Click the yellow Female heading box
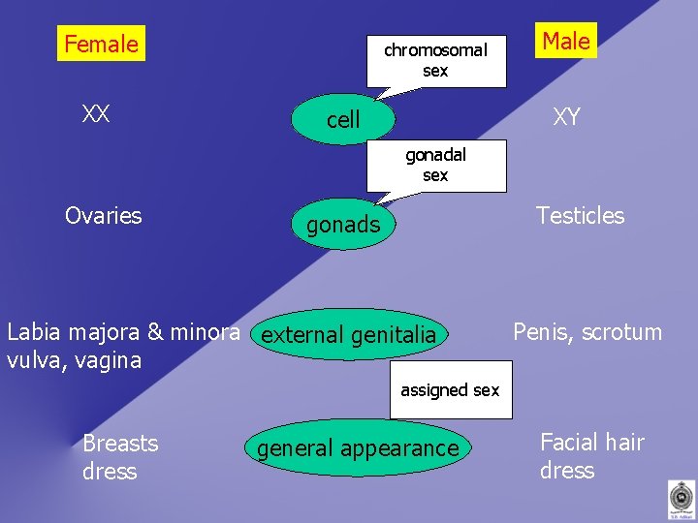[x=101, y=44]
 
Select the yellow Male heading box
[x=566, y=41]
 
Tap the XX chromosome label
[x=95, y=114]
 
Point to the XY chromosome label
[x=566, y=118]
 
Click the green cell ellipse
[x=343, y=119]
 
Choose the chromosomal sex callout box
[x=435, y=60]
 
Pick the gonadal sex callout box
[x=435, y=166]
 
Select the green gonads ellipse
[x=343, y=225]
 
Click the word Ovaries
[x=103, y=215]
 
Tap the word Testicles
[x=580, y=215]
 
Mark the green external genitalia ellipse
[x=349, y=335]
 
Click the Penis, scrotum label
[x=587, y=332]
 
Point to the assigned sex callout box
[x=450, y=391]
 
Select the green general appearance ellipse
[x=357, y=448]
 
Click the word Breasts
[x=120, y=444]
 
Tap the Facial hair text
[x=591, y=443]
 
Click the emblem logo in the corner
[x=682, y=499]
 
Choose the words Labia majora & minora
[x=123, y=332]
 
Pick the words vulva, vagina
[x=74, y=360]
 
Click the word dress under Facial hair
[x=567, y=471]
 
